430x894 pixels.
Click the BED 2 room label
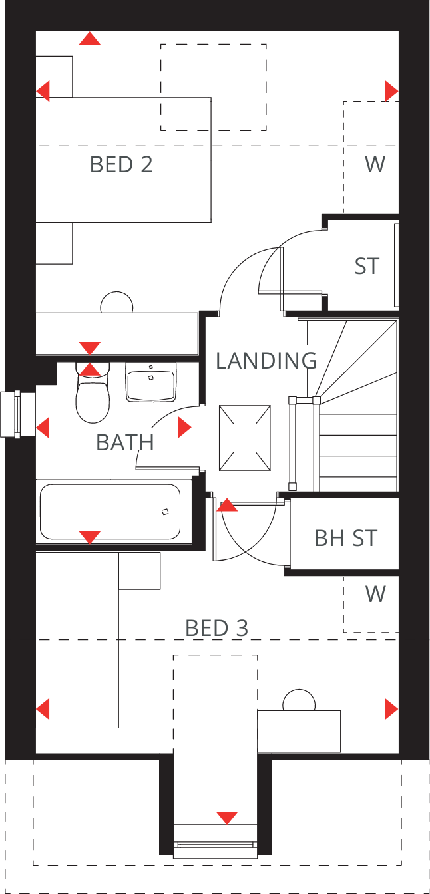pos(121,164)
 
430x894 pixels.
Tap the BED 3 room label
pos(216,627)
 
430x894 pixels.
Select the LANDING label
pos(266,361)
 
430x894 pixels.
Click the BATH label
pos(125,442)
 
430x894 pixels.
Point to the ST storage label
pos(367,266)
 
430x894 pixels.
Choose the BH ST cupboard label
pos(345,537)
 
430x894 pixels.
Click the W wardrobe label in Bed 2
pos(375,164)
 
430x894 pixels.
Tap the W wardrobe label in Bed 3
pos(375,594)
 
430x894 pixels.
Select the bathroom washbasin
pos(150,382)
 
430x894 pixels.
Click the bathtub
pos(110,512)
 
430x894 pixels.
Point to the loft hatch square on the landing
pos(246,438)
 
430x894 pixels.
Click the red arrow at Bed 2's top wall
pos(89,39)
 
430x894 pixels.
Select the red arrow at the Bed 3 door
pos(227,506)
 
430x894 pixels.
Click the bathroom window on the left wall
pos(18,414)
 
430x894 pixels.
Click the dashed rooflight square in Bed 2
pos(213,87)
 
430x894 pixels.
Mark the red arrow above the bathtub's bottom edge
pos(89,537)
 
